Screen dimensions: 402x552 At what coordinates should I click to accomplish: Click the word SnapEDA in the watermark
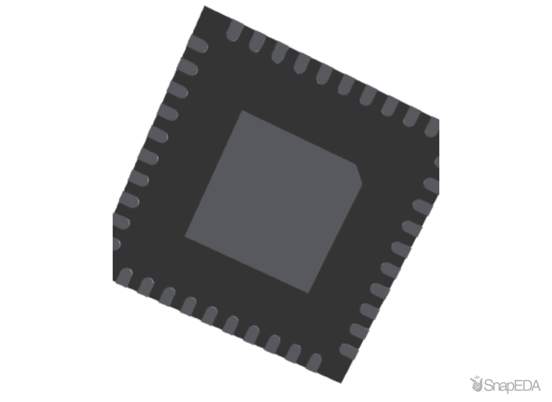512,386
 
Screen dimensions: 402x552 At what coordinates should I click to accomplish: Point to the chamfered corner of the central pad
359,174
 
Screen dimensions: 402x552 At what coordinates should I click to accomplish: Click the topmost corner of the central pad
241,111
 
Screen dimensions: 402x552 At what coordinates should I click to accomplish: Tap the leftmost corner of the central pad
185,236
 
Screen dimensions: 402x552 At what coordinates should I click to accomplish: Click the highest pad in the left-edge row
197,44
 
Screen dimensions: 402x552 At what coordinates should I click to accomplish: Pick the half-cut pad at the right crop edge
437,162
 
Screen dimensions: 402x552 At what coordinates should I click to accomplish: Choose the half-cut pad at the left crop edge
116,244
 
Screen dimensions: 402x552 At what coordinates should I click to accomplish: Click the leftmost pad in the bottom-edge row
124,277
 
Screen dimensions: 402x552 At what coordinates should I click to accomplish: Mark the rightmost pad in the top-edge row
432,127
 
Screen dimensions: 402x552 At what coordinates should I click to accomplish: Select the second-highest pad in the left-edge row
187,66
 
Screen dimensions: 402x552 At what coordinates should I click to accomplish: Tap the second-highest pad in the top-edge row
257,41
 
